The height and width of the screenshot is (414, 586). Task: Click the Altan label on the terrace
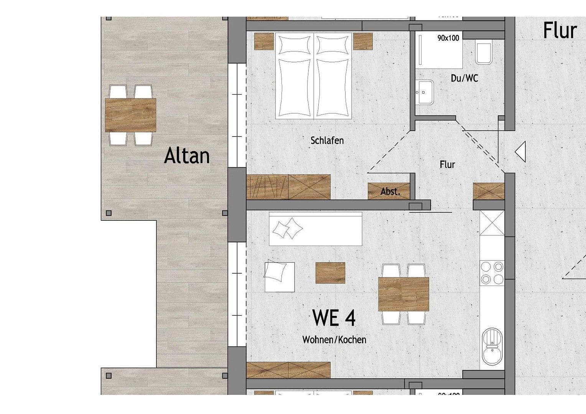[x=187, y=156]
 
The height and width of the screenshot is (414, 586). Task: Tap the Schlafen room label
[x=327, y=140]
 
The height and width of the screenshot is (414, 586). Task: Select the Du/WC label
[x=464, y=78]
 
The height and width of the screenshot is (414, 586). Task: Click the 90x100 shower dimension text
[x=448, y=38]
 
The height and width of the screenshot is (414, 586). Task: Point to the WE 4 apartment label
[x=334, y=317]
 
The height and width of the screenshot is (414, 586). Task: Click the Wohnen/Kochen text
[x=334, y=340]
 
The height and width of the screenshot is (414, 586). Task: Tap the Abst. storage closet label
[x=390, y=192]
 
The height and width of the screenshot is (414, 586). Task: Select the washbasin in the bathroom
[x=424, y=92]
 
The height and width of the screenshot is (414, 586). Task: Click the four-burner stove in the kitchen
[x=492, y=273]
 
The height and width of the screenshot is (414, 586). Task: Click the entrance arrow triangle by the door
[x=520, y=152]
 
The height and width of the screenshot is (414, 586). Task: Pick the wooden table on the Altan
[x=130, y=115]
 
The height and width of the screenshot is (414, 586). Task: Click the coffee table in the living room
[x=330, y=273]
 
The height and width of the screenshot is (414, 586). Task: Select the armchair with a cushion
[x=279, y=277]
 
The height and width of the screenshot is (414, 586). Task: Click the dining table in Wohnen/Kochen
[x=403, y=294]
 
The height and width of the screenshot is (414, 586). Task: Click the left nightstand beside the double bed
[x=263, y=41]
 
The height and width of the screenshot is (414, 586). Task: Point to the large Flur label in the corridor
[x=560, y=31]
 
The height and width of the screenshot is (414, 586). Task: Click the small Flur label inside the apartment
[x=447, y=164]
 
